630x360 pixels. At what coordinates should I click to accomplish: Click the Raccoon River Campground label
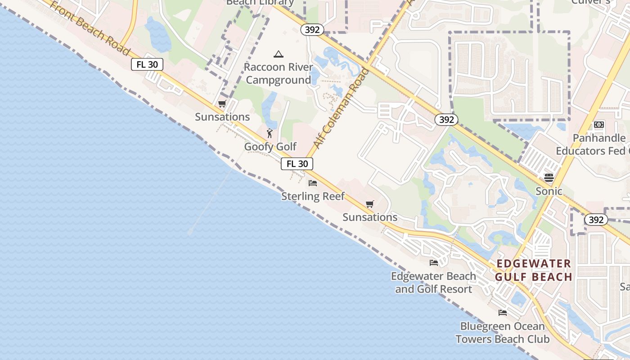click(x=278, y=74)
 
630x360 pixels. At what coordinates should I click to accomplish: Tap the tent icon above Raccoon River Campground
click(x=279, y=54)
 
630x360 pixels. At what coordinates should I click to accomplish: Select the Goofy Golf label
click(x=270, y=147)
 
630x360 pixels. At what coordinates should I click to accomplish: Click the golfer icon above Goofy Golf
click(x=270, y=133)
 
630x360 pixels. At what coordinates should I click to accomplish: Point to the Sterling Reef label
click(x=313, y=196)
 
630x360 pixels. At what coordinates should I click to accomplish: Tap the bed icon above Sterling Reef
click(x=313, y=183)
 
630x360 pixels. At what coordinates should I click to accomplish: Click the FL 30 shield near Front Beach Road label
click(x=147, y=64)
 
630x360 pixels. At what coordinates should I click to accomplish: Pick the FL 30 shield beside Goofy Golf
click(x=297, y=164)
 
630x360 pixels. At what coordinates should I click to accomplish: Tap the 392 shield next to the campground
click(x=312, y=30)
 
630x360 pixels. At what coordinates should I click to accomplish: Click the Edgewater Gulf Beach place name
click(x=533, y=270)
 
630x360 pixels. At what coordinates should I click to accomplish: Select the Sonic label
click(x=549, y=191)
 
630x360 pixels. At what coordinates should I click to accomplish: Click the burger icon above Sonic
click(x=549, y=178)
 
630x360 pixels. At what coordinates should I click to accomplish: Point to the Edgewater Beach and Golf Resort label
click(x=433, y=283)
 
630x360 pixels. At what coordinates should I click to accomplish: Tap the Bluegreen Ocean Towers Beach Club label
click(x=502, y=333)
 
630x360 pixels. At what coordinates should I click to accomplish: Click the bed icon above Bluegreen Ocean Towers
click(x=503, y=313)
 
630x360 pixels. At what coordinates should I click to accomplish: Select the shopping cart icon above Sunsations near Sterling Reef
click(x=370, y=204)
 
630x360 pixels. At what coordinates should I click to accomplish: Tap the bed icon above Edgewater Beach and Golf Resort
click(x=434, y=263)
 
